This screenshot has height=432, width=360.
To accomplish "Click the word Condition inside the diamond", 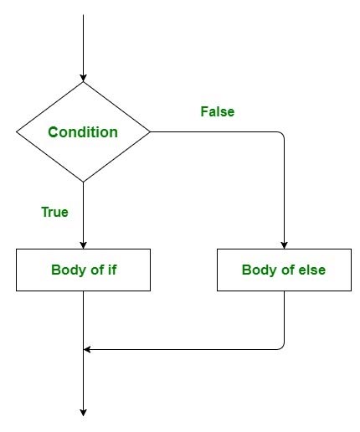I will point(83,132).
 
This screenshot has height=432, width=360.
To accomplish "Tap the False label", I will point(218,111).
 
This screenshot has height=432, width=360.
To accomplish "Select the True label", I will point(54,212).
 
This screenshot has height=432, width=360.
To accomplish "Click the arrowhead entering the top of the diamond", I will point(84,77).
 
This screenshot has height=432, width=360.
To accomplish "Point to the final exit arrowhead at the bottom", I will point(84,411).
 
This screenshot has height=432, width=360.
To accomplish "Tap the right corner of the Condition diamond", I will point(149,132).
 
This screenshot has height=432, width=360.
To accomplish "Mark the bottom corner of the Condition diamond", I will point(84,181).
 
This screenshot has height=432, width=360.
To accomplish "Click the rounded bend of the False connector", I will point(282,135).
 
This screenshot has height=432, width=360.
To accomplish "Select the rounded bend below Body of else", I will point(282,347).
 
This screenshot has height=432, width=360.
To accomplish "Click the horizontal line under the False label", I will point(218,132).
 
